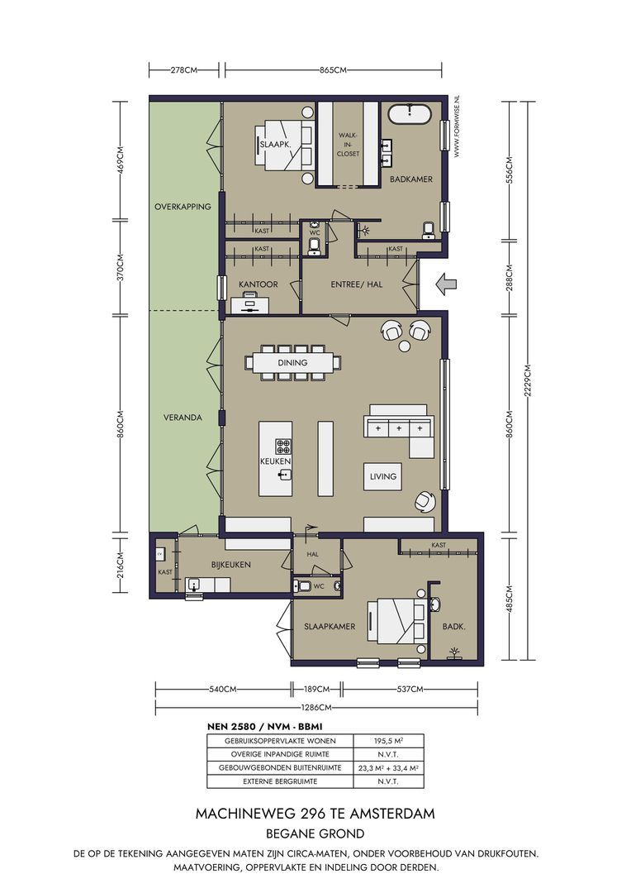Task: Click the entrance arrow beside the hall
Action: [445, 283]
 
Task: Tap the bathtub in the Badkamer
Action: [409, 114]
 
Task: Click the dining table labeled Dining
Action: [292, 362]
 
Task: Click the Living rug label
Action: [383, 476]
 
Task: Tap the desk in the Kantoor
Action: [249, 303]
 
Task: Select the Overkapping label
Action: [183, 207]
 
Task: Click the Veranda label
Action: [183, 418]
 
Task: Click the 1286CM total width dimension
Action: [317, 707]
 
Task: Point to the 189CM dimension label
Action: [317, 689]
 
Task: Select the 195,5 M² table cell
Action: [389, 741]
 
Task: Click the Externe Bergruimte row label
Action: [280, 781]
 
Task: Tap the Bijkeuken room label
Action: [231, 565]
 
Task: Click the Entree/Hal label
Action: [357, 284]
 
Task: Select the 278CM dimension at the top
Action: [184, 70]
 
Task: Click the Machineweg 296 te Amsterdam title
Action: [315, 814]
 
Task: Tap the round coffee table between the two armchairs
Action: [406, 346]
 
